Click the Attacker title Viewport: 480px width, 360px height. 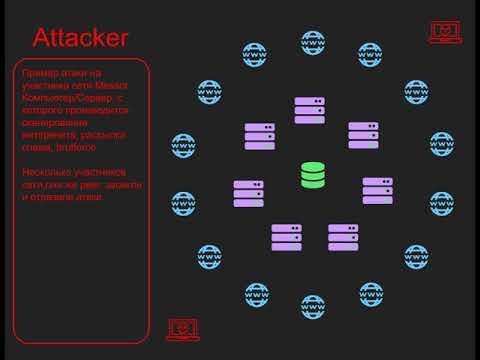[80, 39]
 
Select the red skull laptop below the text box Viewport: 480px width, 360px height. [182, 328]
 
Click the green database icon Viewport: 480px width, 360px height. [313, 175]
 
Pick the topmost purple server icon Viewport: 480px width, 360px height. [310, 110]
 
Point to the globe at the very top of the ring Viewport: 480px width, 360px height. [313, 43]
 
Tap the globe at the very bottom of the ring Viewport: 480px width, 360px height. [313, 306]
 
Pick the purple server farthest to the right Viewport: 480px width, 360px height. [377, 190]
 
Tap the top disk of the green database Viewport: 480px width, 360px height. [313, 167]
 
